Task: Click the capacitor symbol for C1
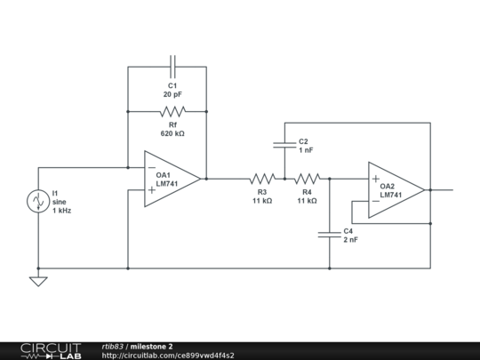click(172, 67)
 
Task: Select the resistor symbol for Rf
click(172, 112)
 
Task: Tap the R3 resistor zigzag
click(262, 179)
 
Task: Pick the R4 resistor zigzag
click(307, 179)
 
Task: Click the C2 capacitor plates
click(284, 145)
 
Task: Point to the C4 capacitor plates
click(330, 235)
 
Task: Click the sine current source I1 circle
click(38, 201)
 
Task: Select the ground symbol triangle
click(38, 282)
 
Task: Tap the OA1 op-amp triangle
click(172, 179)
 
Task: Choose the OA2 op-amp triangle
click(396, 190)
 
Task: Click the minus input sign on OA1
click(152, 167)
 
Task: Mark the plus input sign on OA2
click(376, 179)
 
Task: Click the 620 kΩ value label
click(172, 133)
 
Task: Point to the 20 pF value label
click(172, 94)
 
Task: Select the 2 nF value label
click(350, 240)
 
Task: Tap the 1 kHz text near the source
click(62, 211)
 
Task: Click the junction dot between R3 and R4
click(284, 179)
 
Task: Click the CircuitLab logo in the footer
click(51, 351)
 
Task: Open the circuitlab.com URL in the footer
click(168, 356)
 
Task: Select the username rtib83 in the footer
click(113, 347)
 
